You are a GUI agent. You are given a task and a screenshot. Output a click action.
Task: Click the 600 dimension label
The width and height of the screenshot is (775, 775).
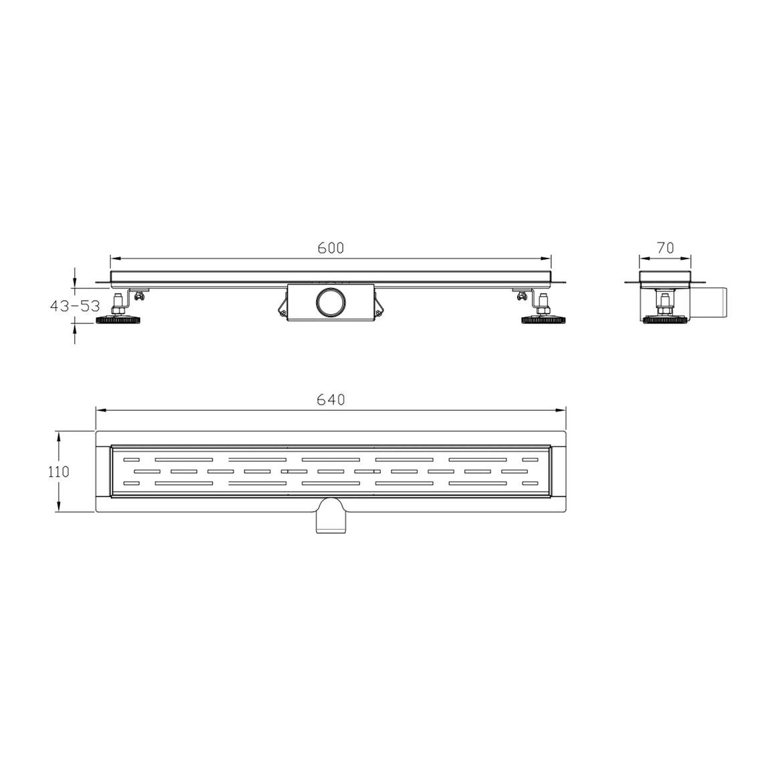pyautogui.click(x=331, y=248)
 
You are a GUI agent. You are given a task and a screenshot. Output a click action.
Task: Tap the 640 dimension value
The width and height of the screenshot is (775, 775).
pyautogui.click(x=331, y=400)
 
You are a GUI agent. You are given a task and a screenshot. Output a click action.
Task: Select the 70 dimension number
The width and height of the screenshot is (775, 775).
pyautogui.click(x=665, y=248)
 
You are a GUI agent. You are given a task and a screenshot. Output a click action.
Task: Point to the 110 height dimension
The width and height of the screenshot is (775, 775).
pyautogui.click(x=58, y=472)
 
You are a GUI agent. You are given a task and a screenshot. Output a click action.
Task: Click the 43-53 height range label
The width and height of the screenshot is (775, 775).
pyautogui.click(x=75, y=306)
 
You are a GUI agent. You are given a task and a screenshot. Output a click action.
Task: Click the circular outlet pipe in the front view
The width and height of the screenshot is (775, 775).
pyautogui.click(x=331, y=302)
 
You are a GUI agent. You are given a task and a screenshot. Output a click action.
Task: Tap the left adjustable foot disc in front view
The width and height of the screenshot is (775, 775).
pyautogui.click(x=118, y=320)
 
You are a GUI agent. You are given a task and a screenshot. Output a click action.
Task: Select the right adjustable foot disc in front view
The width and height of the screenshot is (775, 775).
pyautogui.click(x=544, y=320)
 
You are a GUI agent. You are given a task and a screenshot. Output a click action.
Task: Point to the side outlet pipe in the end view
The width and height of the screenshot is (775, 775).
pyautogui.click(x=717, y=302)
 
